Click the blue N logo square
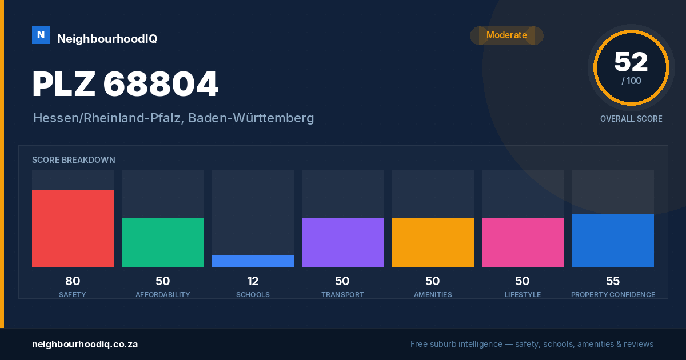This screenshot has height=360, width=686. (x=41, y=35)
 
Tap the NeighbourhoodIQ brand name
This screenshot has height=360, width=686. (x=107, y=39)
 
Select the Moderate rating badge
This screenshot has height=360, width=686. (x=506, y=35)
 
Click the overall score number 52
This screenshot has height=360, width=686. (x=631, y=62)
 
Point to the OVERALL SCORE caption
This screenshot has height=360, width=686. (x=631, y=119)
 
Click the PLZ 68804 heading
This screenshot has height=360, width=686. (x=125, y=84)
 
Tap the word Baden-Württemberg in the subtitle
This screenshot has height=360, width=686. (x=251, y=118)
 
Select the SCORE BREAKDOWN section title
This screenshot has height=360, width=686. (x=74, y=160)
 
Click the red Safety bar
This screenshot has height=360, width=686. (x=73, y=228)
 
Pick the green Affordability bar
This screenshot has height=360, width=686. (x=163, y=242)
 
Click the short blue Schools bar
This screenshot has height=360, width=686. (x=253, y=261)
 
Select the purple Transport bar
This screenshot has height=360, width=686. (x=343, y=242)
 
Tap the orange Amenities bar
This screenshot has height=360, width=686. (x=433, y=242)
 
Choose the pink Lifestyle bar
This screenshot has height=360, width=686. (x=523, y=242)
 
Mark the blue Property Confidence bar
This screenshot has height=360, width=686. (x=613, y=241)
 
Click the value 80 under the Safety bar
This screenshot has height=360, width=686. (x=73, y=281)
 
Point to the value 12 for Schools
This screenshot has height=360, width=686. (x=253, y=281)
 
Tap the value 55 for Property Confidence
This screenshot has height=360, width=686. (x=613, y=281)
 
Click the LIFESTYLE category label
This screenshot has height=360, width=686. (x=523, y=294)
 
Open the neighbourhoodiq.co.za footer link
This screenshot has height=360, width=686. (x=85, y=344)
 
